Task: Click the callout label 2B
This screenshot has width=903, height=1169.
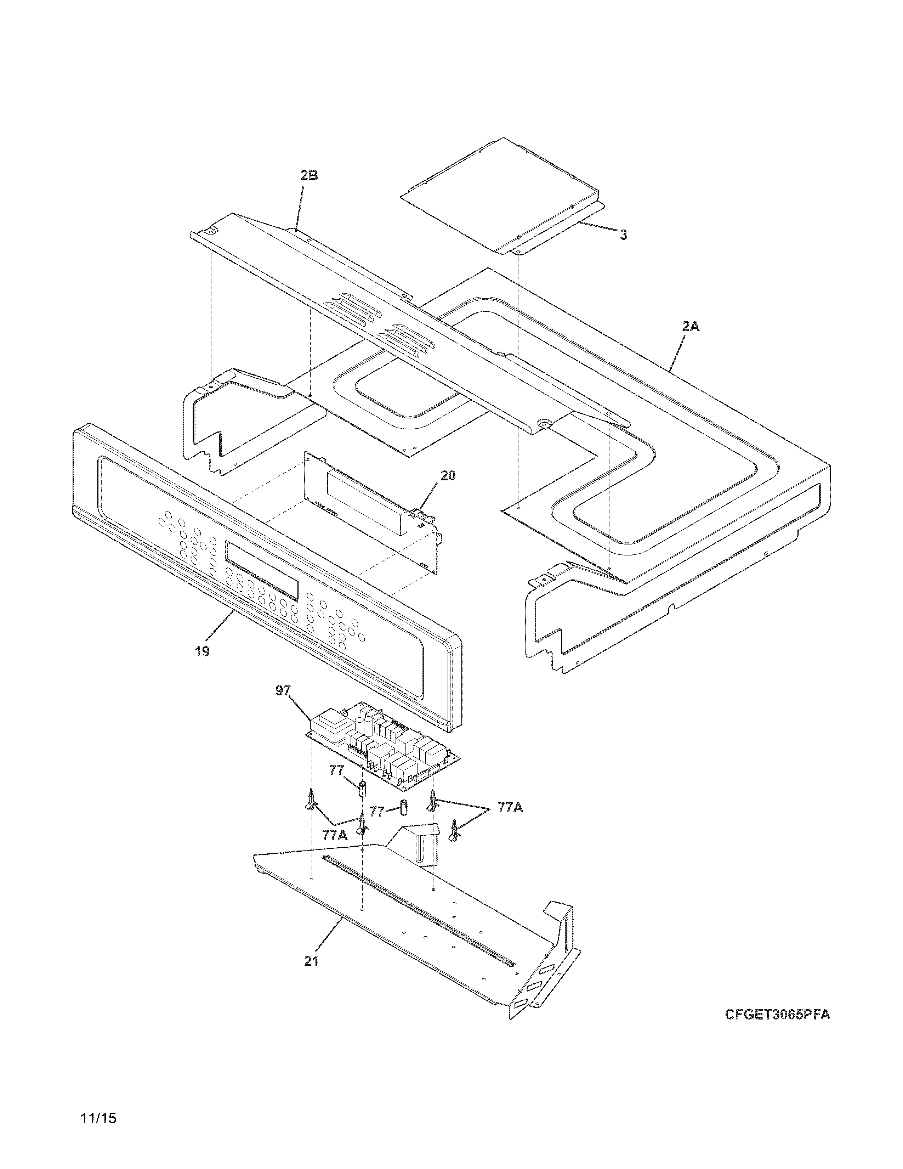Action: (309, 176)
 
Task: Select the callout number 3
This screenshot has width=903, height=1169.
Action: (623, 235)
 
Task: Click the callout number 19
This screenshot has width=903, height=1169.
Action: (202, 651)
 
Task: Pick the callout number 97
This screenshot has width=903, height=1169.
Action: (283, 691)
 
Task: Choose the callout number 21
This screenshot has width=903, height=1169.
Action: (311, 960)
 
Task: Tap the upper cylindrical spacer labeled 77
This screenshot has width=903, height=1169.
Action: (363, 789)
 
